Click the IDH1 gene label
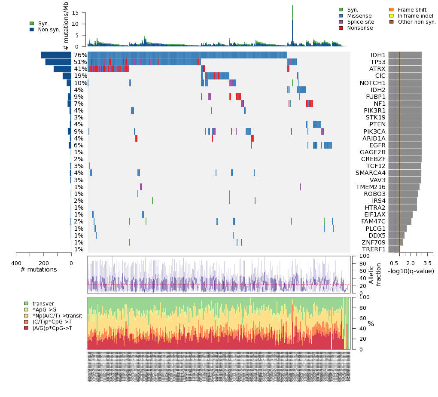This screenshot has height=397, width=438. pos(377,55)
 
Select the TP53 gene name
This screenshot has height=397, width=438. pos(377,62)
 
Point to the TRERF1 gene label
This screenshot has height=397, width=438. pos(373,249)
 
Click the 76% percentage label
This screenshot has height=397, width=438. pos(80,55)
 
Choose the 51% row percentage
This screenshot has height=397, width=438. pos(80,62)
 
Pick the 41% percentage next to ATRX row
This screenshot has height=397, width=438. pos(80,69)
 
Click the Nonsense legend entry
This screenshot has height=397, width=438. pos(360,28)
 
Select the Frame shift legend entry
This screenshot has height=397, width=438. pos(412,10)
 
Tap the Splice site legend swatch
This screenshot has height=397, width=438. pos(341,22)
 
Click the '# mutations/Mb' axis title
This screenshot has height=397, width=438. pos(66,26)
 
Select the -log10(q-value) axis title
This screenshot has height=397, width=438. pos(411,271)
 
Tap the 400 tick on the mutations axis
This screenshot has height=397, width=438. pos(16,263)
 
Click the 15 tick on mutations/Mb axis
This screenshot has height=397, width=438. pos(75,13)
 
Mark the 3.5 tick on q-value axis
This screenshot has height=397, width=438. pos(427,263)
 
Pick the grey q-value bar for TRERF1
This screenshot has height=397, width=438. pos(394,249)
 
